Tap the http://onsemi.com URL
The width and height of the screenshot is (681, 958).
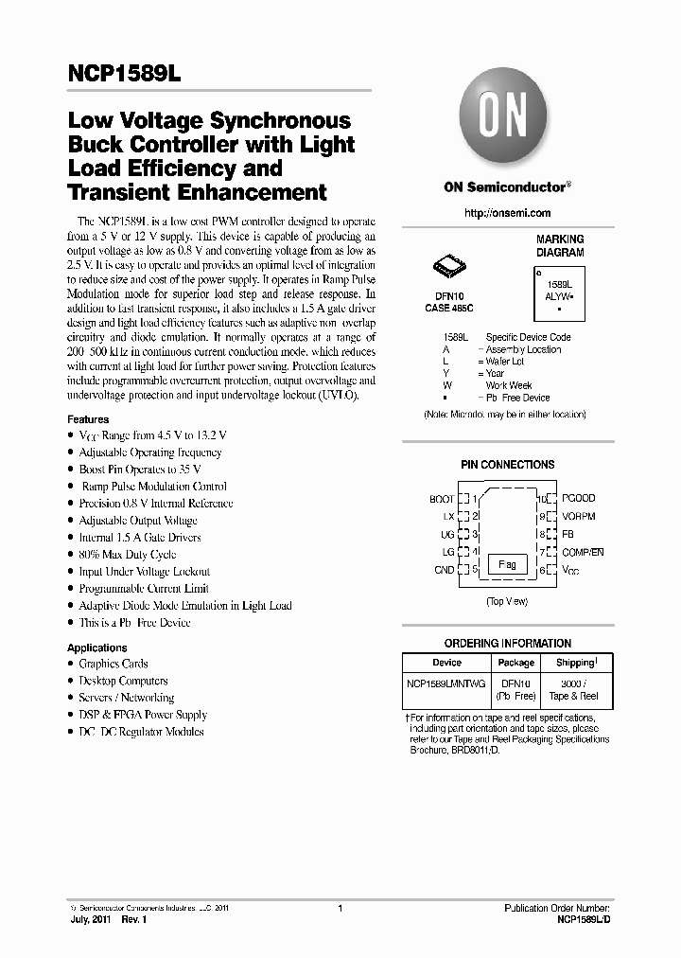[x=507, y=213]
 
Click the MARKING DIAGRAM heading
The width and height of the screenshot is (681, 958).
[x=560, y=246]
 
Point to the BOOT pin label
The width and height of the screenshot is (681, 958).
[x=442, y=499]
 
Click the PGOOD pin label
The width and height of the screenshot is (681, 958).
[x=578, y=498]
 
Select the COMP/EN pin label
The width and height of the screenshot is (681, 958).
[x=582, y=552]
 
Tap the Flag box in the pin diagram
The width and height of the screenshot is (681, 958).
[x=507, y=564]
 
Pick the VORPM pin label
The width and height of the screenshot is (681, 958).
[x=578, y=516]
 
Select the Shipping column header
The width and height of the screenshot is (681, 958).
[x=575, y=663]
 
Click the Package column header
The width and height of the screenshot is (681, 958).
[x=515, y=663]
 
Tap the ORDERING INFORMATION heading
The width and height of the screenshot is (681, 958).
[x=507, y=643]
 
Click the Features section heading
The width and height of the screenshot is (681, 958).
[x=88, y=418]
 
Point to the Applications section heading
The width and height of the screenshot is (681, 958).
[x=96, y=648]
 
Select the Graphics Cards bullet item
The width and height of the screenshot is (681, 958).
[x=113, y=664]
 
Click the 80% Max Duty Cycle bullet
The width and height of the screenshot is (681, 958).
[x=127, y=555]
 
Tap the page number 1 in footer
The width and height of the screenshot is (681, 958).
[x=339, y=908]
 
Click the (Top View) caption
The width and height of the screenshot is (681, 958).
[x=507, y=602]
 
